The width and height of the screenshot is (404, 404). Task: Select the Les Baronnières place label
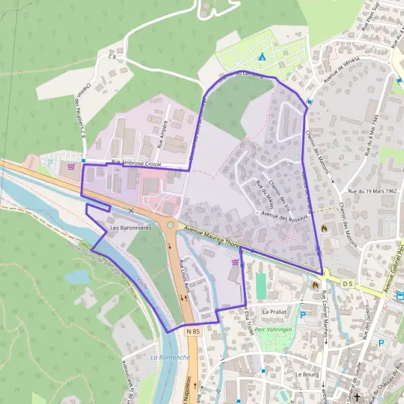[130, 228]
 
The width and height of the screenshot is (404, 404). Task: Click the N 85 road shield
[193, 331]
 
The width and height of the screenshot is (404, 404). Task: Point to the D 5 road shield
[347, 284]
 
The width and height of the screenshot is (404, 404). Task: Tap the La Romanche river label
[170, 357]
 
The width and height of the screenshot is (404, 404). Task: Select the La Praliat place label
[275, 312]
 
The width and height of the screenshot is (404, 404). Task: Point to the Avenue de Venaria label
[341, 68]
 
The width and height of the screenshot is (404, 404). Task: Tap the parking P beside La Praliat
[302, 314]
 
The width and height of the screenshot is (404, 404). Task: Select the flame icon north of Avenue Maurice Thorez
[326, 228]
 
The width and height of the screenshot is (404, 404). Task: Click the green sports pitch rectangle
[261, 285]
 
